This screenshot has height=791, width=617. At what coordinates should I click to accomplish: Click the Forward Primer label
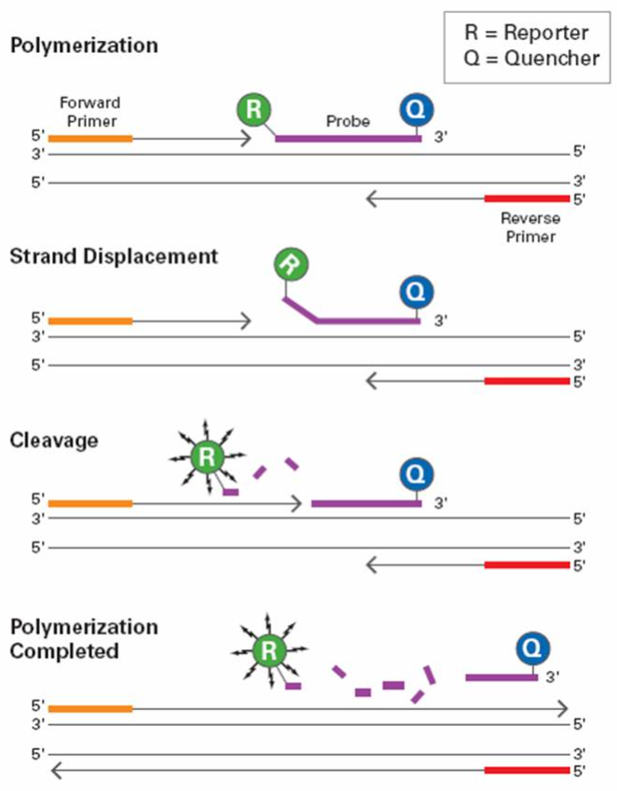coord(90,112)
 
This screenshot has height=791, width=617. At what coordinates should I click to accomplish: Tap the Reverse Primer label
coord(530,227)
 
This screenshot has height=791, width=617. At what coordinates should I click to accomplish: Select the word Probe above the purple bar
coord(348,121)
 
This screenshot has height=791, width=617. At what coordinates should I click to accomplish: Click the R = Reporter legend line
coord(527,33)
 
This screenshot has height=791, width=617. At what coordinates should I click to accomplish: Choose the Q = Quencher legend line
coord(532,58)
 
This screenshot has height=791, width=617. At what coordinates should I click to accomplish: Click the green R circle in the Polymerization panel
coord(254,109)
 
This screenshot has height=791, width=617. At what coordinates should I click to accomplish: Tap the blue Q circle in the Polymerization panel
coord(417,109)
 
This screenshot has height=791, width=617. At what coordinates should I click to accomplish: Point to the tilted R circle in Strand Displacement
coord(291,265)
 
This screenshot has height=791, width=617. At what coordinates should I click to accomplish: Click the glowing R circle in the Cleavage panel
coord(207,457)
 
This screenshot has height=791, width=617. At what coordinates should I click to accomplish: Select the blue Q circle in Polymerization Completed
coord(533,648)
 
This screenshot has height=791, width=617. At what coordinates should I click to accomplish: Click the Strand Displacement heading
coord(114,256)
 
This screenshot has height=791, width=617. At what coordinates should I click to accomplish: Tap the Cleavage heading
coord(54,441)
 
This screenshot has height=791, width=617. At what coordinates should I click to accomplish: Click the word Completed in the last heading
coord(64,651)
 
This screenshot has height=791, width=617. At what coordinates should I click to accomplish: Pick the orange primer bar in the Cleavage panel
coord(90,503)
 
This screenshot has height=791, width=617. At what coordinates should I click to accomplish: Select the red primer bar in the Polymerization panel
coord(528,198)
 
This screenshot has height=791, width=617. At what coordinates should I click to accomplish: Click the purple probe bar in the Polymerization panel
coord(349,139)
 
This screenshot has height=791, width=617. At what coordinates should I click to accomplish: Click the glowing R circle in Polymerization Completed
coord(269,650)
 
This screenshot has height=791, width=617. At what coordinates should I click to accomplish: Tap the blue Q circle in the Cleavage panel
coord(417,474)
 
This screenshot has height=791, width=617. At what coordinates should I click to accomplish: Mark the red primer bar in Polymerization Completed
coord(528,771)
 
